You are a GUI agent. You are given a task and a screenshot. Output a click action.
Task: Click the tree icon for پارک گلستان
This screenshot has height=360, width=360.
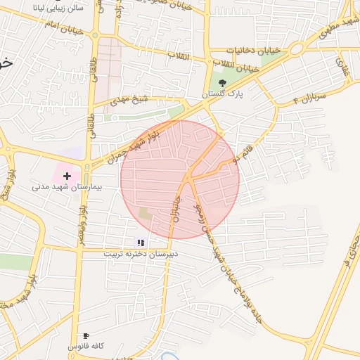point(223,83)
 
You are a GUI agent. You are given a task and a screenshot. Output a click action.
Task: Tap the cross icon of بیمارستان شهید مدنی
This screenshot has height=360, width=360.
point(67,175)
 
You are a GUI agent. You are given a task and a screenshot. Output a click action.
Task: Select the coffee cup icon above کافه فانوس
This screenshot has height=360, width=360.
point(86,335)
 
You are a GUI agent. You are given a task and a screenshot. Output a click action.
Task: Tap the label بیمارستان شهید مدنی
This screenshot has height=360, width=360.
point(67,188)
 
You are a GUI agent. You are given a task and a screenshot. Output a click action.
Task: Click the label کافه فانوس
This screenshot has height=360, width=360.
point(86,347)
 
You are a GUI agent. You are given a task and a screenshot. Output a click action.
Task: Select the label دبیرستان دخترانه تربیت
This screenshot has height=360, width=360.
point(139,252)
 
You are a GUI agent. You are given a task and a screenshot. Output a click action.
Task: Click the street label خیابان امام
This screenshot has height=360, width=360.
point(63,28)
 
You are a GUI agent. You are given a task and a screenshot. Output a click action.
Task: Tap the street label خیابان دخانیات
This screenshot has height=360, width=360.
point(253,51)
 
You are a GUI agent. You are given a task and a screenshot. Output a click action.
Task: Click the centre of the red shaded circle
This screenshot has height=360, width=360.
point(180,179)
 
